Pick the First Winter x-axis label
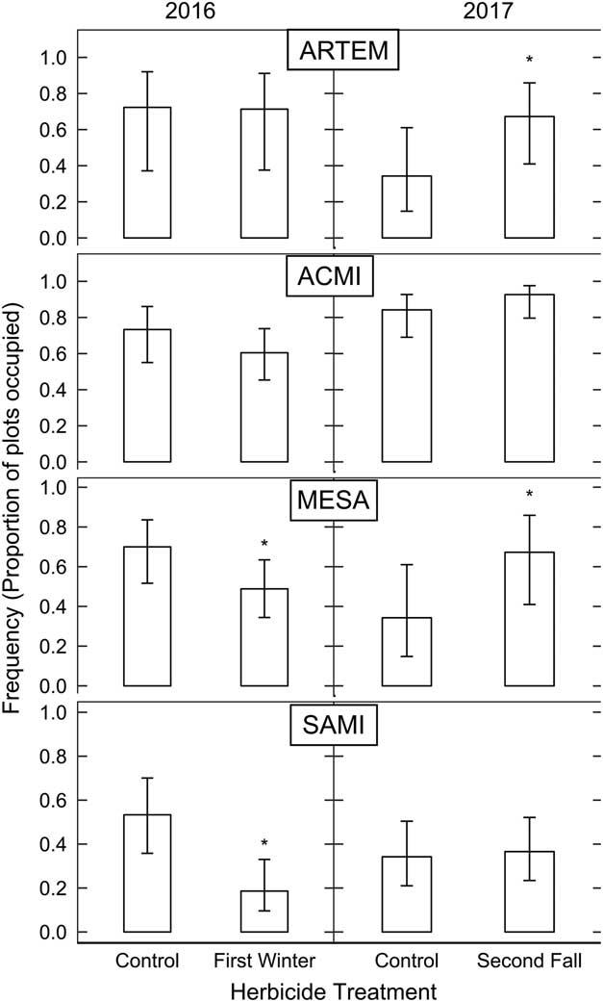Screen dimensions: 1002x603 pyautogui.click(x=264, y=961)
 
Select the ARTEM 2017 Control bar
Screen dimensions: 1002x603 pyautogui.click(x=405, y=207)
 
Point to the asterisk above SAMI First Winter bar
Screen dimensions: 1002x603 pyautogui.click(x=264, y=844)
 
